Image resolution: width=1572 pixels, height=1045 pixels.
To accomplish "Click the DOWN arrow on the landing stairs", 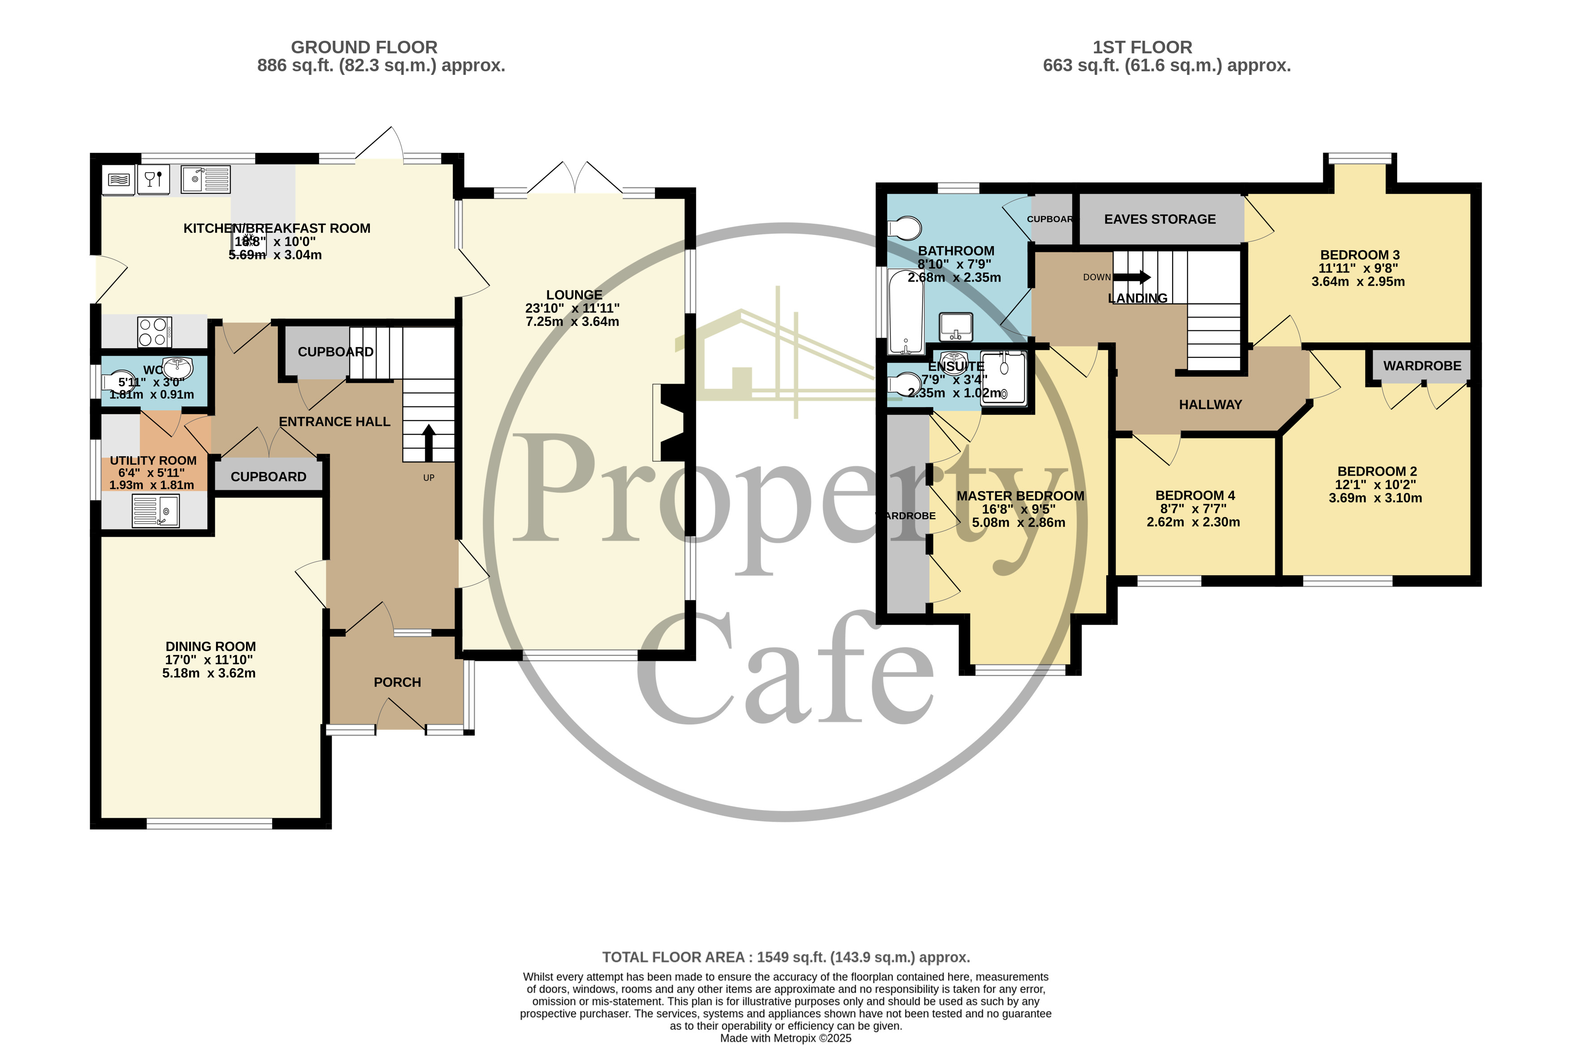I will coord(1131,277).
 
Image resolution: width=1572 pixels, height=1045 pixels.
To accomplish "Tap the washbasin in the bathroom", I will coord(956,326).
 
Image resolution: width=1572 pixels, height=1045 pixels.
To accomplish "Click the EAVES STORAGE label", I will coord(1160,219).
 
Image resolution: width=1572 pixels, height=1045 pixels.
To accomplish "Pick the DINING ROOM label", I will coord(211,646).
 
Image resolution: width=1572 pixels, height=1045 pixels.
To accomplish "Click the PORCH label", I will coord(397,682).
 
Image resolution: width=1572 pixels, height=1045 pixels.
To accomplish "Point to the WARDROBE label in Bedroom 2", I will coord(1421,366).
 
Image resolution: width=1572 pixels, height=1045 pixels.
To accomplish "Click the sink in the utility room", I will coord(156,511).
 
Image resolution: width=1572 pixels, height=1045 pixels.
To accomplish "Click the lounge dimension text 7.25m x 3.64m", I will coord(572,322).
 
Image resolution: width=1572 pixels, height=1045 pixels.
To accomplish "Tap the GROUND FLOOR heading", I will coord(364,48).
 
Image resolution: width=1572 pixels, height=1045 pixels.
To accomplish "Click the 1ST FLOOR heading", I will coord(1142,48).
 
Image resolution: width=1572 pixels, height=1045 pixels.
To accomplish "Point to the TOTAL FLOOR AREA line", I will coord(786,957).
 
